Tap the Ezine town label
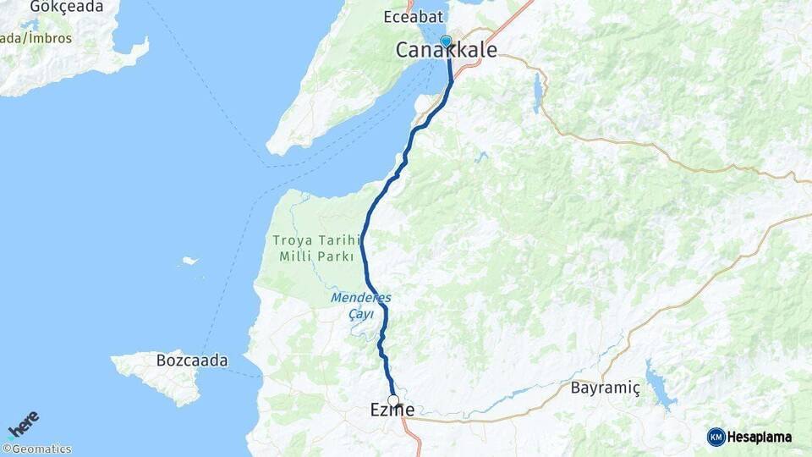click(392, 410)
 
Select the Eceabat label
click(410, 17)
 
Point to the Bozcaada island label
click(192, 361)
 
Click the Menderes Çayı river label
click(361, 306)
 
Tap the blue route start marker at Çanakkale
click(446, 41)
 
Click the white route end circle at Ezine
click(393, 400)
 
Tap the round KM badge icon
click(716, 437)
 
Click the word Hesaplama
click(760, 437)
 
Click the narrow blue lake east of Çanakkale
click(536, 93)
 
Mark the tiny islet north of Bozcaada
click(190, 261)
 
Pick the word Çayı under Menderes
click(361, 314)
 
